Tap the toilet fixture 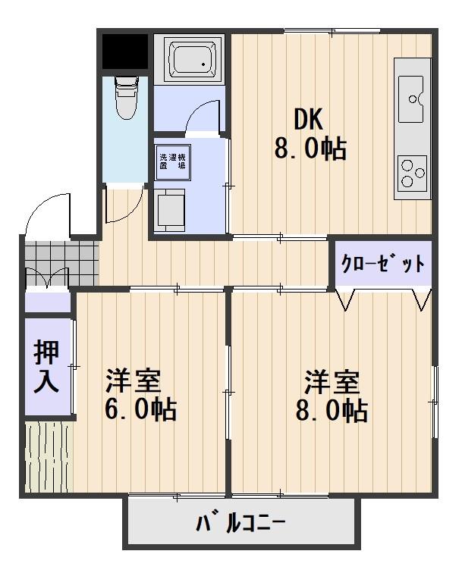(x=124, y=97)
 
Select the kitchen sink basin (x=412, y=99)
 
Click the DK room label (x=309, y=119)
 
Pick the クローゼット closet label (x=382, y=263)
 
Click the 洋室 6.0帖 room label (x=142, y=393)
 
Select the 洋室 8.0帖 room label (x=332, y=393)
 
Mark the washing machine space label (x=172, y=161)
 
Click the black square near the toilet (x=124, y=50)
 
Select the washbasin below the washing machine (x=171, y=208)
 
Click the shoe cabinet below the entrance (x=46, y=302)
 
